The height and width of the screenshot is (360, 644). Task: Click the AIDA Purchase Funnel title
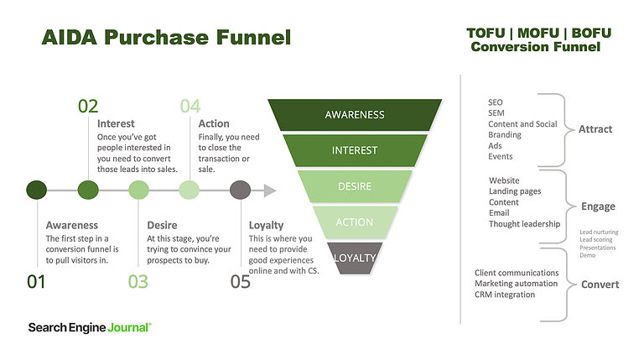[x=166, y=38]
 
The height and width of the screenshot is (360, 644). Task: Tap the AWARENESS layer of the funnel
[x=355, y=114]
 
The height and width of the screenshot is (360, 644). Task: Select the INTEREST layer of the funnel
[x=355, y=150]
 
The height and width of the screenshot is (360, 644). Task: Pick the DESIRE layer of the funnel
[x=355, y=186]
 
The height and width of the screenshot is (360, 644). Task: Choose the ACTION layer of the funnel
[x=355, y=222]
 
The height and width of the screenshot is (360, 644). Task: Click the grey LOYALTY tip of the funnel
[x=355, y=258]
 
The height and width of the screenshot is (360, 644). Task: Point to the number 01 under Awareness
[x=36, y=281]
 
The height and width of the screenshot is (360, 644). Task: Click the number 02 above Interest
[x=88, y=106]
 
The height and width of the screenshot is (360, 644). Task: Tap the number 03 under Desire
[x=138, y=281]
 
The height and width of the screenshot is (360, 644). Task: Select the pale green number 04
[x=190, y=106]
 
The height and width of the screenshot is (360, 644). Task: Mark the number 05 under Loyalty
[x=240, y=281]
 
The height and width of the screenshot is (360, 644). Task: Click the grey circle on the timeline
[x=240, y=190]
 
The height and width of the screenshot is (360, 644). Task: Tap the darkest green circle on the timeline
[x=36, y=190]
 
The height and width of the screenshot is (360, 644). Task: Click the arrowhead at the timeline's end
[x=268, y=190]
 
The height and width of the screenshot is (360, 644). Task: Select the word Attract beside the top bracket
[x=595, y=129]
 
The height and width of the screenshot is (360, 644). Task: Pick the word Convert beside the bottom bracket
[x=600, y=284]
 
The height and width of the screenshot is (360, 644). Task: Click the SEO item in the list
[x=496, y=102]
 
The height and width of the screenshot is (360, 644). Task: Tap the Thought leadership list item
[x=524, y=224]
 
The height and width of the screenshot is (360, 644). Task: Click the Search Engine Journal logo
[x=90, y=326]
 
